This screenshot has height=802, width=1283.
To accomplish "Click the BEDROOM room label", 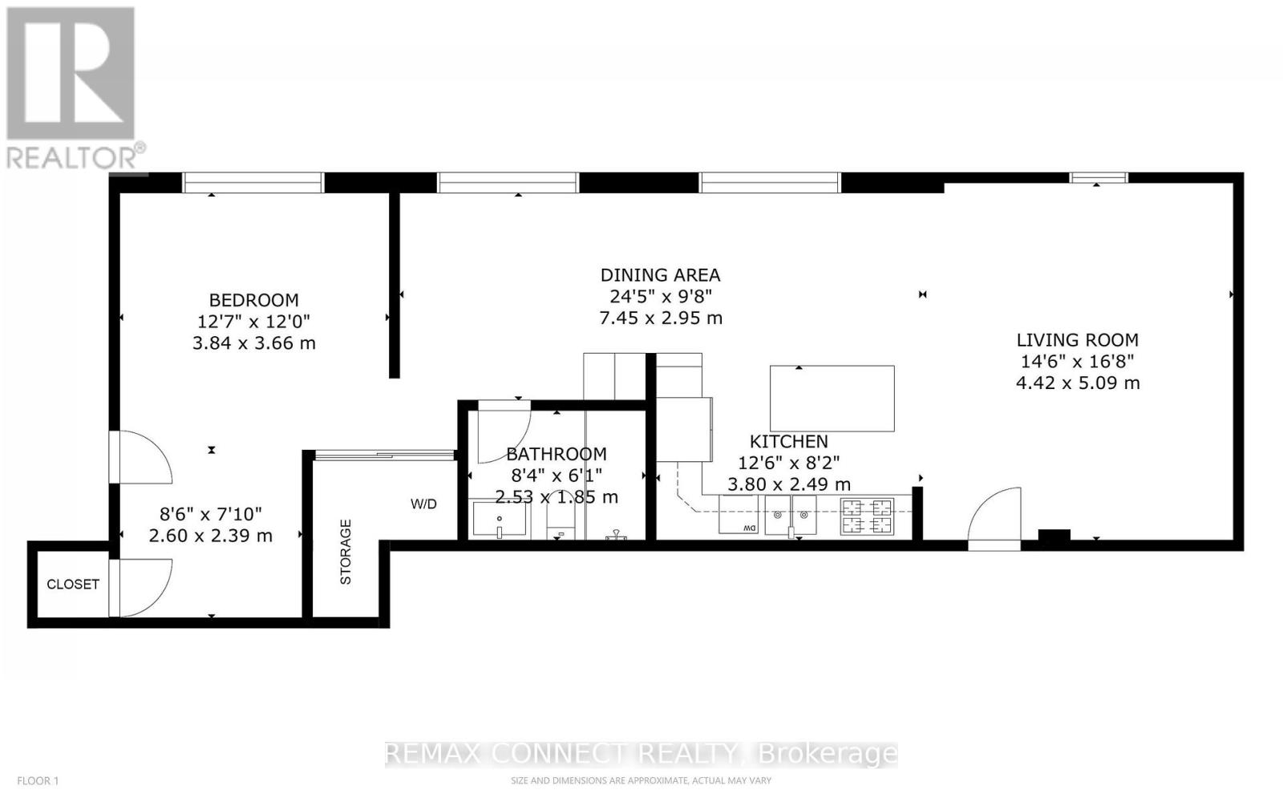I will pos(253,300).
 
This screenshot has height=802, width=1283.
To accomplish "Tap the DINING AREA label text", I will pos(660,275).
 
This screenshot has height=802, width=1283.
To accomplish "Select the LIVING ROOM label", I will pos(1077,340).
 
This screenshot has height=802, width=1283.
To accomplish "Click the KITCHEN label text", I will pos(788,441).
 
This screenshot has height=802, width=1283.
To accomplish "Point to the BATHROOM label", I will pos(556,454).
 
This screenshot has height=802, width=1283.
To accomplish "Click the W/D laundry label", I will pos(423,504).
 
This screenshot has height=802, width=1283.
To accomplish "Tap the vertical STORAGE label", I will pos(346,552).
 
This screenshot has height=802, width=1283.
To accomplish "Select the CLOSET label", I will pos(72,584).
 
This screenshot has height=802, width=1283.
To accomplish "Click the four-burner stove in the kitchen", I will pos(866,516).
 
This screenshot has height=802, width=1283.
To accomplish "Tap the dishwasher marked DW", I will pos(739,515).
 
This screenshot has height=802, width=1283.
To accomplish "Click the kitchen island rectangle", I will pos(832,399).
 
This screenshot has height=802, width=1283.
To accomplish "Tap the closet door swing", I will pos(141,588).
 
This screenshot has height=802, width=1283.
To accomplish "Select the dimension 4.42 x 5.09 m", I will pos(1077,383).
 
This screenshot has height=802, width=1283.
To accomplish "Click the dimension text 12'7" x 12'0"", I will pos(253,322).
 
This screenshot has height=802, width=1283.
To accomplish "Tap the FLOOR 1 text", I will pos(38,780).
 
